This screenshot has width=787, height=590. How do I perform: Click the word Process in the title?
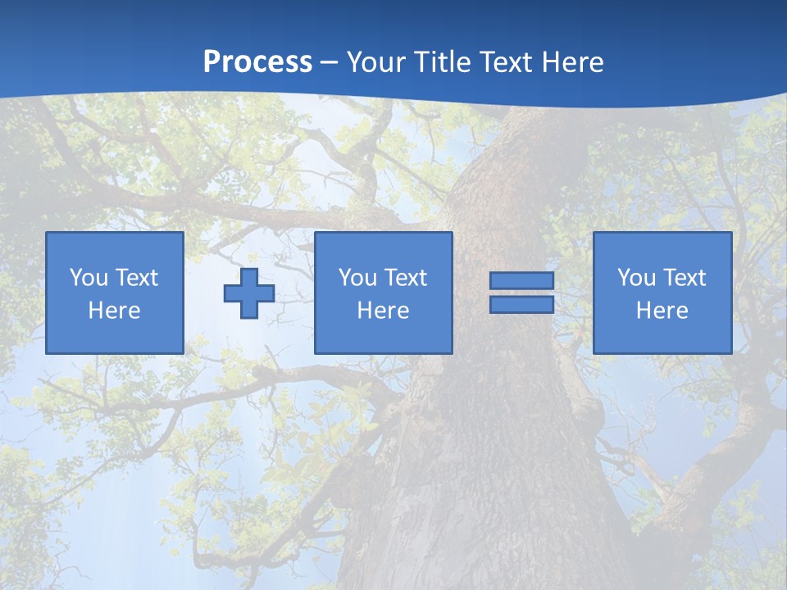pyautogui.click(x=257, y=61)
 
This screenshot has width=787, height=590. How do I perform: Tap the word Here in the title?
pyautogui.click(x=572, y=61)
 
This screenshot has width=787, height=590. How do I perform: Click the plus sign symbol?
pyautogui.click(x=249, y=293)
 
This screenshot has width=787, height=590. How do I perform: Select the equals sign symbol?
pyautogui.click(x=521, y=293)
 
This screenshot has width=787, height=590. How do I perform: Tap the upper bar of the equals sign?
pyautogui.click(x=521, y=281)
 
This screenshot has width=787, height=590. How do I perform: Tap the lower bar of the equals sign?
pyautogui.click(x=521, y=305)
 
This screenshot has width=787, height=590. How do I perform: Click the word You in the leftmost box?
pyautogui.click(x=89, y=278)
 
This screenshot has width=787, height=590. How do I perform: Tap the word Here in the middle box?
pyautogui.click(x=383, y=311)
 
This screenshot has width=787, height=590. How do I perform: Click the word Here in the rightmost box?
pyautogui.click(x=662, y=311)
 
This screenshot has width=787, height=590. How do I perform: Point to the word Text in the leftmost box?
pyautogui.click(x=136, y=278)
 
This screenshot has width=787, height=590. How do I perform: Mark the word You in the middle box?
pyautogui.click(x=357, y=278)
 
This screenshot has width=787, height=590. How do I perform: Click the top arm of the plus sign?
pyautogui.click(x=249, y=276)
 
